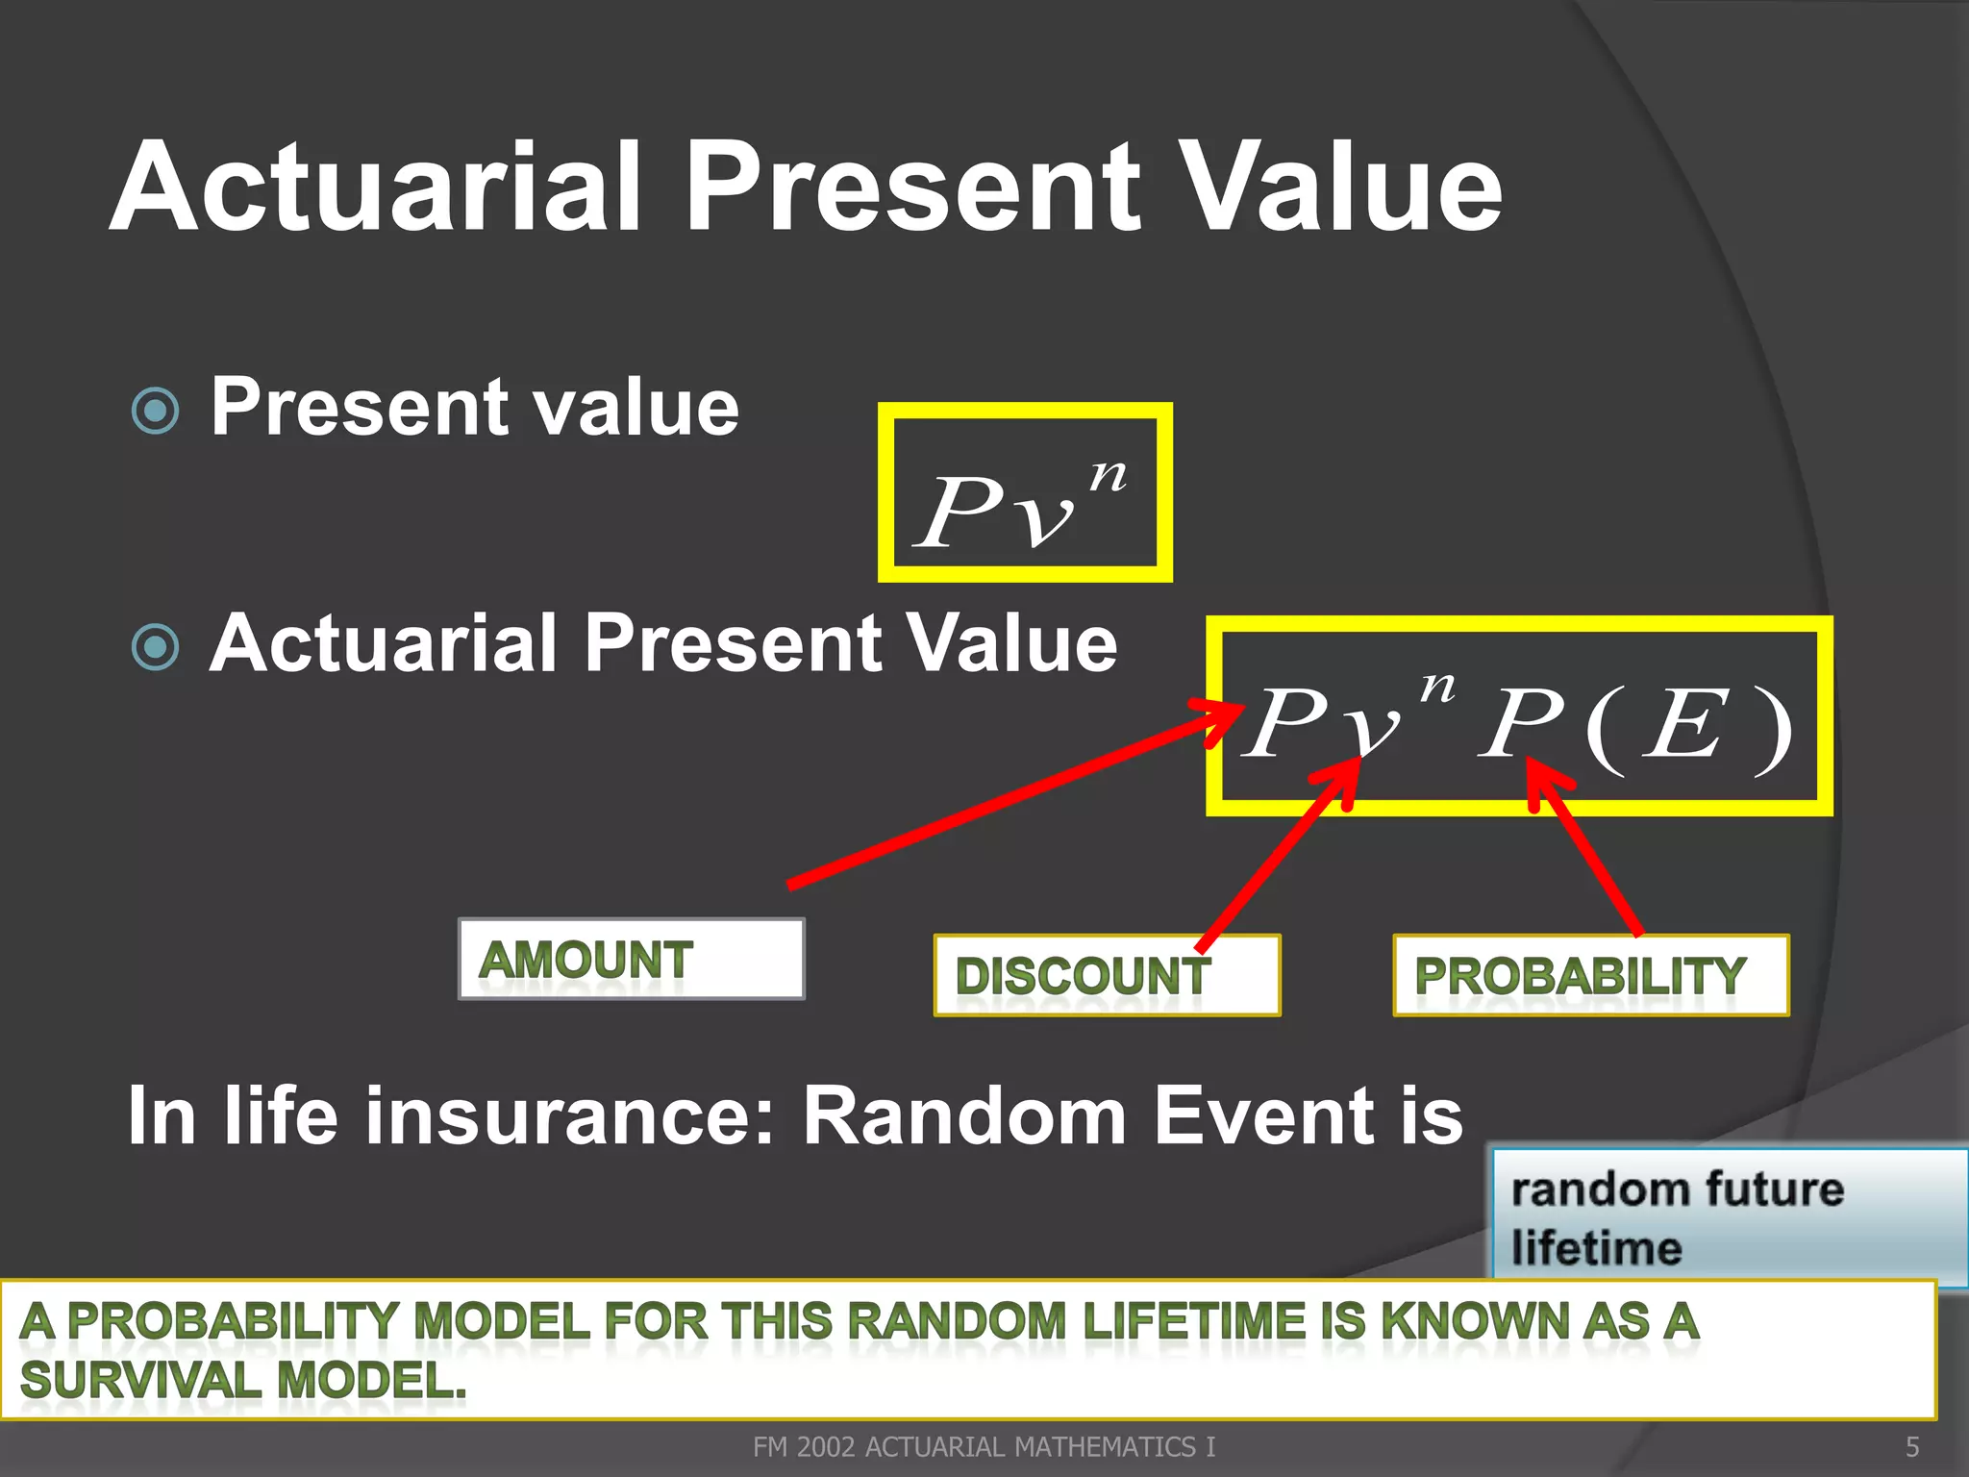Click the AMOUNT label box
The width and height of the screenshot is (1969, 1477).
click(631, 960)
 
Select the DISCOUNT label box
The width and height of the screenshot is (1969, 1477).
click(1106, 975)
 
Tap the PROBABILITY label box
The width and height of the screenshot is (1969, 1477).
click(1590, 975)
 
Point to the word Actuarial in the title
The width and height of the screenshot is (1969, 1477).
click(375, 188)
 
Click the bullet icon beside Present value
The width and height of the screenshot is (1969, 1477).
click(155, 412)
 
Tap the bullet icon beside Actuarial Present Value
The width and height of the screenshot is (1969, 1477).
click(155, 646)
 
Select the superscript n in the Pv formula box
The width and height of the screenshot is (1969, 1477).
click(1108, 476)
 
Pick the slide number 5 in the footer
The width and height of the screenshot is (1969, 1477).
click(1911, 1446)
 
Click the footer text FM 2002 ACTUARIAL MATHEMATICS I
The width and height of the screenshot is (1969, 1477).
click(984, 1446)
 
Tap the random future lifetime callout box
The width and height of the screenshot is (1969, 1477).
click(1726, 1216)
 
